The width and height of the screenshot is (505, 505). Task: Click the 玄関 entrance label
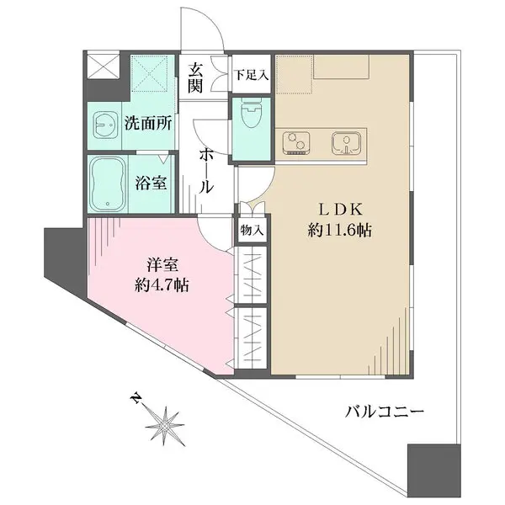tap(197, 77)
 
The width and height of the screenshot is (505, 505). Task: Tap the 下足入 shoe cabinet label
tap(251, 75)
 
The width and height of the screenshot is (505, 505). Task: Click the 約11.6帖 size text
tap(340, 229)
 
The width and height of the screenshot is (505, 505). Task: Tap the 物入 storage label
tap(252, 229)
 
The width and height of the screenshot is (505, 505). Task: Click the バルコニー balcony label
tap(383, 412)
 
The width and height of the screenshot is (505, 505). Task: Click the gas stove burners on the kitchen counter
tap(296, 143)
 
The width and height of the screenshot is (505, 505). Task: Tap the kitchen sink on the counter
tap(345, 143)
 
